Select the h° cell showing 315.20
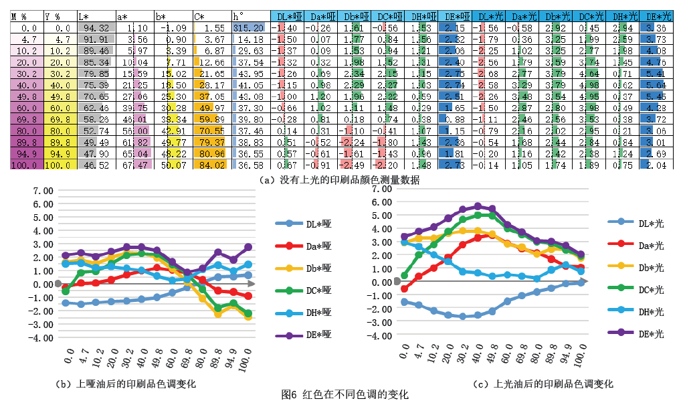pyautogui.click(x=250, y=27)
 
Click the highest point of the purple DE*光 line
pyautogui.click(x=478, y=207)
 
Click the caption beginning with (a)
pyautogui.click(x=342, y=179)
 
